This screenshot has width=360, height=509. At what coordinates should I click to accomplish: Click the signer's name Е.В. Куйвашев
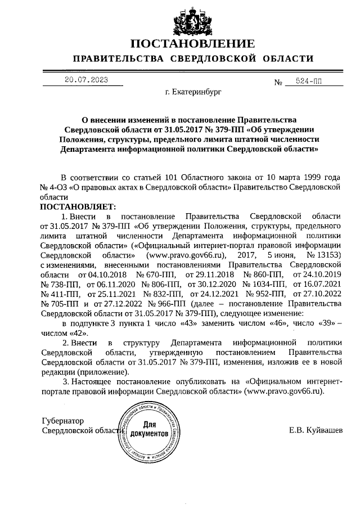(x=314, y=430)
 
